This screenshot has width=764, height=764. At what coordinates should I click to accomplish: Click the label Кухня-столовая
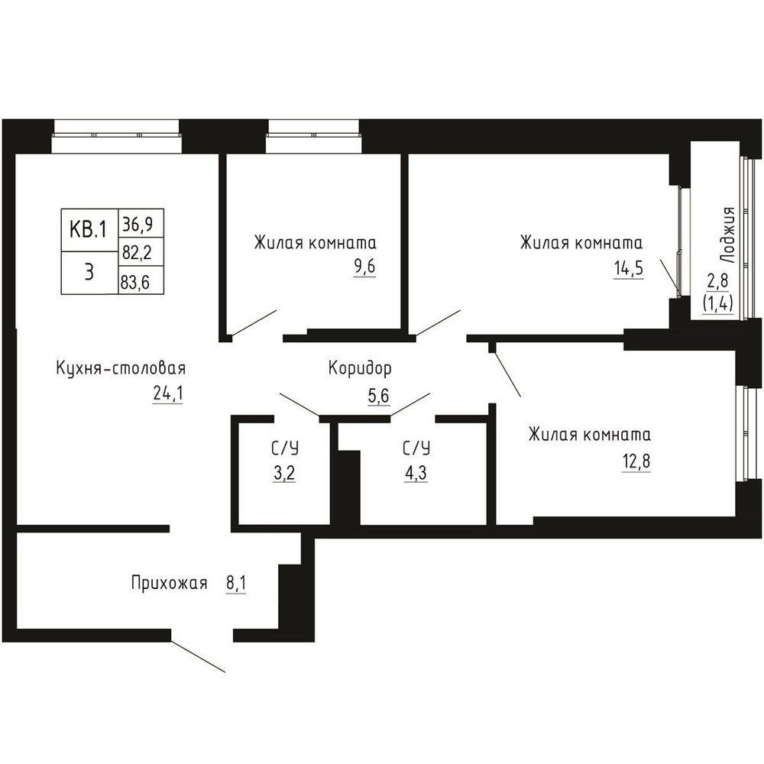121,368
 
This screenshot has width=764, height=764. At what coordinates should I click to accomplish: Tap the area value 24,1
167,393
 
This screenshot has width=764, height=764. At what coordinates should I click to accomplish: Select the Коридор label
360,369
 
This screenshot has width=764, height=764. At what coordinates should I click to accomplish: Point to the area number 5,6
379,396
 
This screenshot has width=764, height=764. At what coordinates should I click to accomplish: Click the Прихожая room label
169,583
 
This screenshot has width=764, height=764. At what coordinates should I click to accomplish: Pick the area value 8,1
236,583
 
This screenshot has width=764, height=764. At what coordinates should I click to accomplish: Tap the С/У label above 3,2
285,448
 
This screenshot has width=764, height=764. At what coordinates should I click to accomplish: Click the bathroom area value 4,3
416,473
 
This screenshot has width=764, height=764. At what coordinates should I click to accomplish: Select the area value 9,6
364,267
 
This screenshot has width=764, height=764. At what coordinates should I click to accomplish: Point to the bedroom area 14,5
629,268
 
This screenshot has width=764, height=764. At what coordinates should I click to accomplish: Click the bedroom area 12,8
636,461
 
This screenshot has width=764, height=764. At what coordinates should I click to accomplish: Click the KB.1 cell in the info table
89,229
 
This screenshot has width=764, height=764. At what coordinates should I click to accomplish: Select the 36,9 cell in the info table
141,223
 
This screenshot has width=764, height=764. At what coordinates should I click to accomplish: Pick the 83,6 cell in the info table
141,280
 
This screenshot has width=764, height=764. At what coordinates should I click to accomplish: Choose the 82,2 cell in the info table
141,251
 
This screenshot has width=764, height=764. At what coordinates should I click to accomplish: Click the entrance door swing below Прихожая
198,656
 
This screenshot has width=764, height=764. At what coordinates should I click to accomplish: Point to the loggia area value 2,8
717,281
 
